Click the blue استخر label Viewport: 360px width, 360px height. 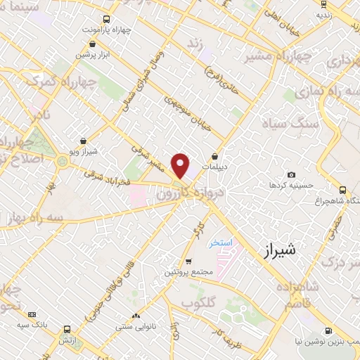[x=220, y=243]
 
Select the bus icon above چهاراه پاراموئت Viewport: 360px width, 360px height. [x=105, y=20]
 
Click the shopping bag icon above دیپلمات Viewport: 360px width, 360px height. [x=214, y=156]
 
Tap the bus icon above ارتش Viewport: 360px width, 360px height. [x=67, y=329]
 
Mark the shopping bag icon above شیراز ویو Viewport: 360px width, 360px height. [x=84, y=141]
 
